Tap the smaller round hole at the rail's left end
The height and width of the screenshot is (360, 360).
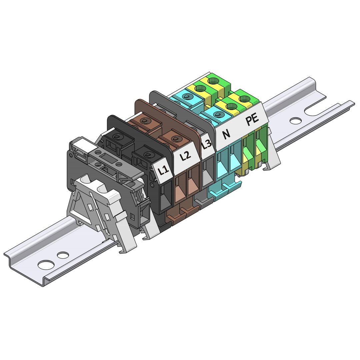point(63,255)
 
